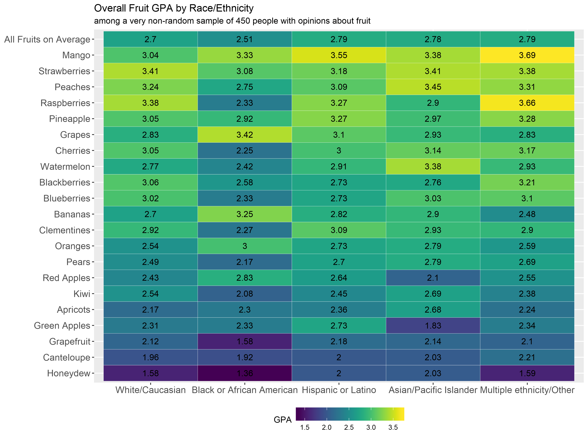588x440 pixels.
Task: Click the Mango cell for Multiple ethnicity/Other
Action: click(x=527, y=55)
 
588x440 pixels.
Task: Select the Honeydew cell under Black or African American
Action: click(x=244, y=373)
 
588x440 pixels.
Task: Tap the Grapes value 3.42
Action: click(x=244, y=135)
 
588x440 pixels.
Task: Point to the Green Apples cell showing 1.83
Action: click(x=433, y=325)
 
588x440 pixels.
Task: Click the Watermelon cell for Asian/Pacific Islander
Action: click(x=433, y=166)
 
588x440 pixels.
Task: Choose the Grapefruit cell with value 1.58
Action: click(x=244, y=341)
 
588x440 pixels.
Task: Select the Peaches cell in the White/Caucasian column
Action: click(x=150, y=87)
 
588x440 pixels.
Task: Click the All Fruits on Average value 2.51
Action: click(x=244, y=39)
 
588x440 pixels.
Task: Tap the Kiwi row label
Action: click(x=82, y=294)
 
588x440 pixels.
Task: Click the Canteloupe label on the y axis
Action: click(x=66, y=357)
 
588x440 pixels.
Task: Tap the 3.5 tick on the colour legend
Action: click(x=393, y=428)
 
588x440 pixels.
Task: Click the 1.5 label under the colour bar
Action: click(x=305, y=428)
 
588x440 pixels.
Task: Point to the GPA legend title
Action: click(x=283, y=420)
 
